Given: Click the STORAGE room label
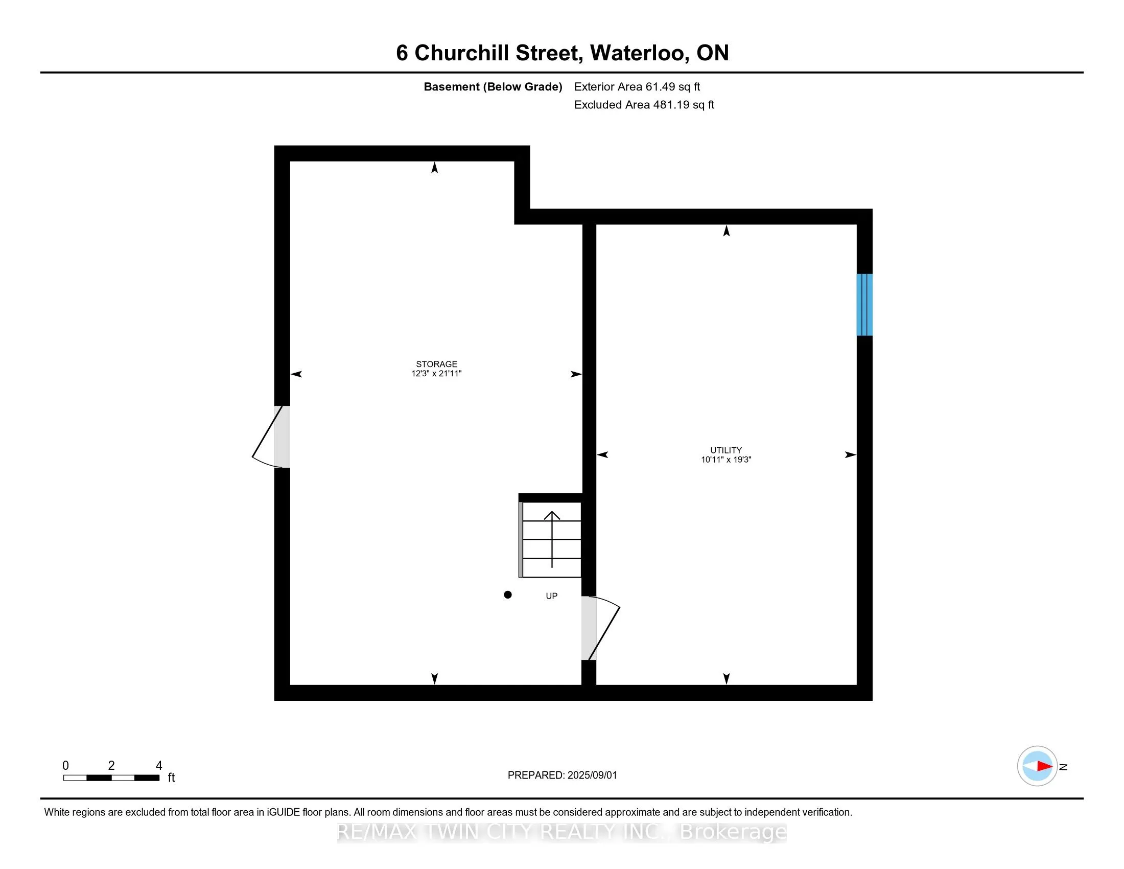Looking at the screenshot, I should (436, 364).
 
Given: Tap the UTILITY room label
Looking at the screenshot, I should (725, 450).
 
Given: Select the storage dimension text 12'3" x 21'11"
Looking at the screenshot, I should (436, 374).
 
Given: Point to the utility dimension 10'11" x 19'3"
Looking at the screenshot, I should (725, 460).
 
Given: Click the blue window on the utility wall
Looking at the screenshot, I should (864, 304).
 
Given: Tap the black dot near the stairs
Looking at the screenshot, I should (507, 594).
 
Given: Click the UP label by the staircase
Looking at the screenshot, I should (551, 596).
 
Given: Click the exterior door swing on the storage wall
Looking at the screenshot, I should (269, 438).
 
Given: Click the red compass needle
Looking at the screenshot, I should (1044, 766).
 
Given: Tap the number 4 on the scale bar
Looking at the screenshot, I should (159, 766).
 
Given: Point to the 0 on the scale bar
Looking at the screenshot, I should (65, 766).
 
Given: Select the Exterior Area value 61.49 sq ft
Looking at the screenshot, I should (673, 87).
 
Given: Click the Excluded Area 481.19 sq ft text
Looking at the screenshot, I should (644, 105).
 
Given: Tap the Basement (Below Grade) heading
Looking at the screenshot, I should (493, 87).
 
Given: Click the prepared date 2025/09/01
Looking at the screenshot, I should (591, 775).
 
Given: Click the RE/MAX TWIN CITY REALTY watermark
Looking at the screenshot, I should (561, 832).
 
